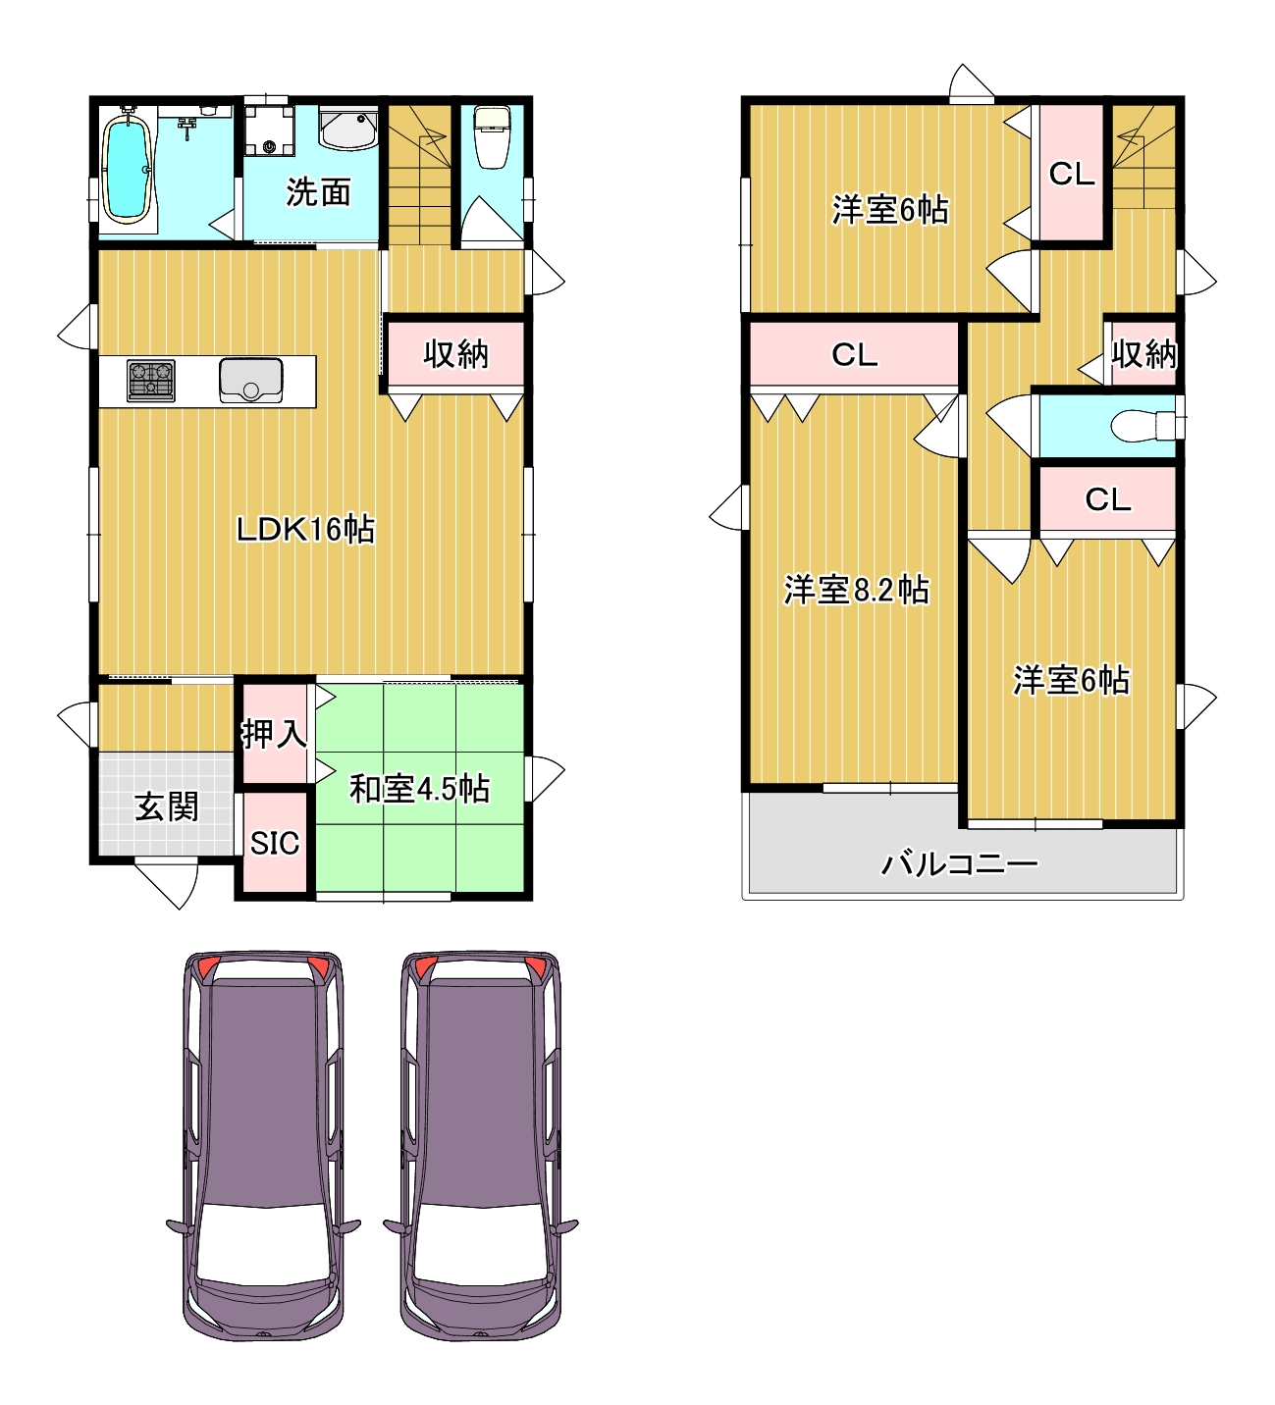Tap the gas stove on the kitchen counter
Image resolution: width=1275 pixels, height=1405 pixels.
click(x=151, y=381)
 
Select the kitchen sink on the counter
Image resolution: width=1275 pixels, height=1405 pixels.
click(x=251, y=381)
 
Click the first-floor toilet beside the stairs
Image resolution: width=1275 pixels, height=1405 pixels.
click(x=492, y=137)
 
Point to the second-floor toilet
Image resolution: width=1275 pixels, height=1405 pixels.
click(x=1142, y=426)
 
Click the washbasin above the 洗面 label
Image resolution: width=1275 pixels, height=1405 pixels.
click(x=348, y=128)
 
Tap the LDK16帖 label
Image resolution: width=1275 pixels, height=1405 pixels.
click(x=305, y=530)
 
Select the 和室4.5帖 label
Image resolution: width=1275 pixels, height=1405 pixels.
click(x=419, y=790)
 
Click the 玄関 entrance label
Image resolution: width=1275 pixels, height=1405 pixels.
click(x=167, y=807)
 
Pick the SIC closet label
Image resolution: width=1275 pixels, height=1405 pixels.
click(x=275, y=843)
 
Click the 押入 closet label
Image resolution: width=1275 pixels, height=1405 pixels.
click(x=274, y=734)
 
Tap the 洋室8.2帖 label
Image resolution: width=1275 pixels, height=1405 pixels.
click(x=857, y=590)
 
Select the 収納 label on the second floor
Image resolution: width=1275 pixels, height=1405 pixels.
click(x=1143, y=353)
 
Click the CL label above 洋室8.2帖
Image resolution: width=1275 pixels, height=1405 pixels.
click(x=855, y=355)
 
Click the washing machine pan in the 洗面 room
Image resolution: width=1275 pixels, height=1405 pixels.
click(x=269, y=130)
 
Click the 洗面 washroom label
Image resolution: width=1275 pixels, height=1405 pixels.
click(x=318, y=192)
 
